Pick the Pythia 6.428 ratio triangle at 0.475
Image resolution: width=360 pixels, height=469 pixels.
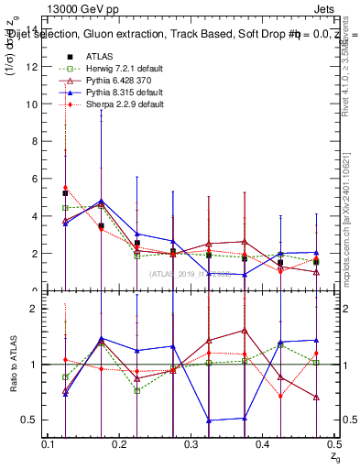click(315, 398)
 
